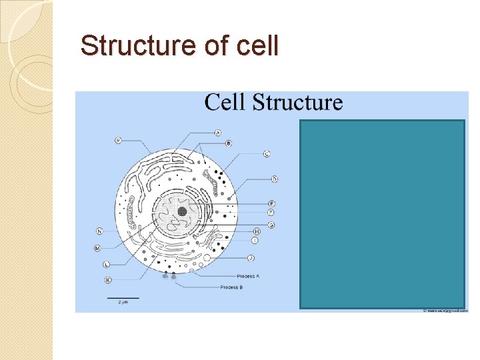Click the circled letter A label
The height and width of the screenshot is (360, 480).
coord(218,133)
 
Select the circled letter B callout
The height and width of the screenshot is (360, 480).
coord(229,143)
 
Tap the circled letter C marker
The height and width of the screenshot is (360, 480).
coord(267,154)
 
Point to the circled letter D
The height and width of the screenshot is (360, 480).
coord(275,179)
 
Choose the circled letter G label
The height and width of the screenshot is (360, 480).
coord(271,225)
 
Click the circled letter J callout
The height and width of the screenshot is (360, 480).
coord(251,257)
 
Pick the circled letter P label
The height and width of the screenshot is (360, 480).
coord(118,140)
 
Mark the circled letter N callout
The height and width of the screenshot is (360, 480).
coord(99,231)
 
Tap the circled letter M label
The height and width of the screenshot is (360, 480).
coord(97,248)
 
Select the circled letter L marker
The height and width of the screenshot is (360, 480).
coord(107,265)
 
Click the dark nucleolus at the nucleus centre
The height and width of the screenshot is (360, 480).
coord(182,211)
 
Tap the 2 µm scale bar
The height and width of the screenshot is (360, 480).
coord(123,297)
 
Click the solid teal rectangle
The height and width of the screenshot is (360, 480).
coord(382,214)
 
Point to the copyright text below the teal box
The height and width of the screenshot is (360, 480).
coord(445,311)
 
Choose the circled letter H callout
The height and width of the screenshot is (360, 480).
coord(257,231)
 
